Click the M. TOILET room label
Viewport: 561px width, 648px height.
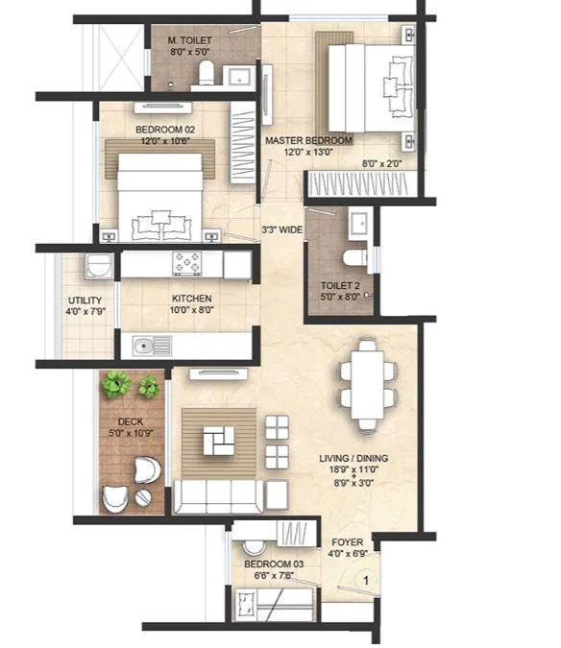pos(190,40)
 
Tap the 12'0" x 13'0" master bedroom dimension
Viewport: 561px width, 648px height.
pos(308,152)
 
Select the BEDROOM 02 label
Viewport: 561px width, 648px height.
pos(165,130)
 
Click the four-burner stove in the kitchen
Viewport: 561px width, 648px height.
pos(187,263)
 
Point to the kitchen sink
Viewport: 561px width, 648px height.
pos(152,345)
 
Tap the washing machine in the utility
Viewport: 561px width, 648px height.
pos(98,265)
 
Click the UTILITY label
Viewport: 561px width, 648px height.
pos(85,300)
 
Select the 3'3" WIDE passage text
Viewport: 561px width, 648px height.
pos(282,229)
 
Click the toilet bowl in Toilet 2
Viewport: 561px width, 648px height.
pos(355,257)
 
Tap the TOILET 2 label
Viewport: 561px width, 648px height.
pos(340,285)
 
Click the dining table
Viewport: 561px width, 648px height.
pos(368,385)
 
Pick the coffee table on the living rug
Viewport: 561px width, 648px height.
pos(219,441)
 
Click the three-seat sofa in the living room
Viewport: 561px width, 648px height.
pos(219,496)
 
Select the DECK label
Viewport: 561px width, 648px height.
pos(131,421)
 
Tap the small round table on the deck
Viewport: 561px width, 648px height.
pos(142,497)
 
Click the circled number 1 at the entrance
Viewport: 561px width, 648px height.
pos(366,581)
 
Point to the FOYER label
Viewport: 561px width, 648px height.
pos(348,541)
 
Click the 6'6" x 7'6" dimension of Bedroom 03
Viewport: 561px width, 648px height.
pos(274,575)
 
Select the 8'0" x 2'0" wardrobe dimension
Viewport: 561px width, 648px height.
pos(381,163)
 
